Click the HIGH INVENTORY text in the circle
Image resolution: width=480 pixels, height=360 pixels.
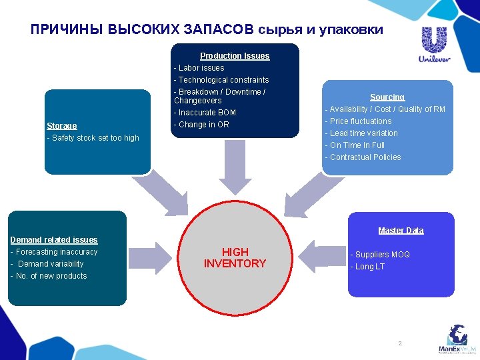tap(235, 257)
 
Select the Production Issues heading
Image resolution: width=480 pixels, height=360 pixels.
tap(235, 56)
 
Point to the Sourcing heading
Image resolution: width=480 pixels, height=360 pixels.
tap(387, 97)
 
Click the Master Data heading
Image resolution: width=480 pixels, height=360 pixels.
tap(401, 231)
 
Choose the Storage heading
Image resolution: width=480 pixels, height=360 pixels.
tap(62, 126)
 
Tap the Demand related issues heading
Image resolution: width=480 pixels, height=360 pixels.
tap(54, 240)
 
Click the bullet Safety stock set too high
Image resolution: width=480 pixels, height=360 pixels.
tap(93, 138)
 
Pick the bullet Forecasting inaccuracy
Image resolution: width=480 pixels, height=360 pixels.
tap(54, 252)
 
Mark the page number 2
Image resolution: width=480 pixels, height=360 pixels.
tap(400, 343)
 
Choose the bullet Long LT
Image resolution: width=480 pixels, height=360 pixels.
tap(368, 267)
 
